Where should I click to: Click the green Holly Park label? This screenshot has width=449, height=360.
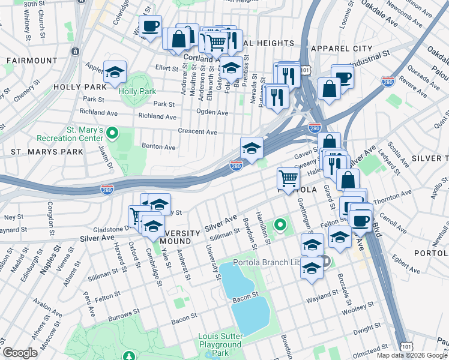tap(137, 91)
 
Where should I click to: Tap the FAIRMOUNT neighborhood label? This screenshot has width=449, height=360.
tap(32, 61)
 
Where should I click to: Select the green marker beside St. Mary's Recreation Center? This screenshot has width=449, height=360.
tap(112, 133)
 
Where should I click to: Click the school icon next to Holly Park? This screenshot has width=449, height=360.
tap(114, 73)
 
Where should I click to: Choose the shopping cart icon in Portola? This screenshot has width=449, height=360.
tap(288, 179)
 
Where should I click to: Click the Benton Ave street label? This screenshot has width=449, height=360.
tap(158, 147)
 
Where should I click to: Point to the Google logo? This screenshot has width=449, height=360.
tap(20, 353)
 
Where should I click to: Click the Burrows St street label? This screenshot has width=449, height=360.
tap(124, 313)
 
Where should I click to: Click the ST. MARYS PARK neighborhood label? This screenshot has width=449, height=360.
tap(46, 152)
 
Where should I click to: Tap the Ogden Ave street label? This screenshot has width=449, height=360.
tap(212, 113)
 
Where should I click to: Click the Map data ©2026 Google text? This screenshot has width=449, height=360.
tap(412, 355)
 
